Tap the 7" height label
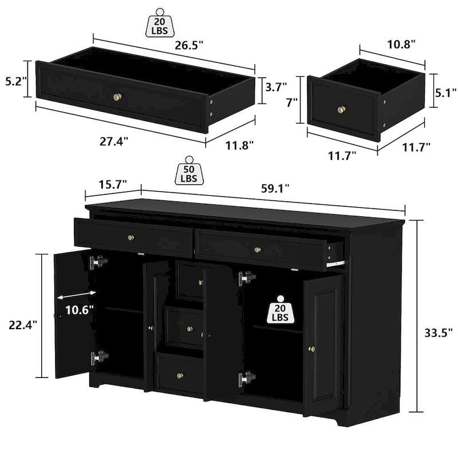[x=291, y=103]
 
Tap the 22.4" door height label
[x=23, y=324]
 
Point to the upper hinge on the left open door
[x=98, y=263]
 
